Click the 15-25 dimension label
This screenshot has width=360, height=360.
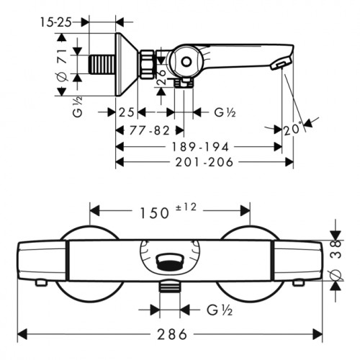point(56,22)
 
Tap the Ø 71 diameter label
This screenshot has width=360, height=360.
point(62,65)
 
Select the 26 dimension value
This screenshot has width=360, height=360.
point(163,77)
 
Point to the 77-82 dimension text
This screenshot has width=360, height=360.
point(150,131)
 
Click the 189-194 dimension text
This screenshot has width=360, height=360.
point(200,147)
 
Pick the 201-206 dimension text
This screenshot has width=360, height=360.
point(204,162)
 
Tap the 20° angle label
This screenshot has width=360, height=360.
point(292,130)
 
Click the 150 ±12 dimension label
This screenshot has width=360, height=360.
point(168,211)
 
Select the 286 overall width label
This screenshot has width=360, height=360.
point(172,334)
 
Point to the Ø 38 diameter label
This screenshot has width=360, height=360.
point(336,260)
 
